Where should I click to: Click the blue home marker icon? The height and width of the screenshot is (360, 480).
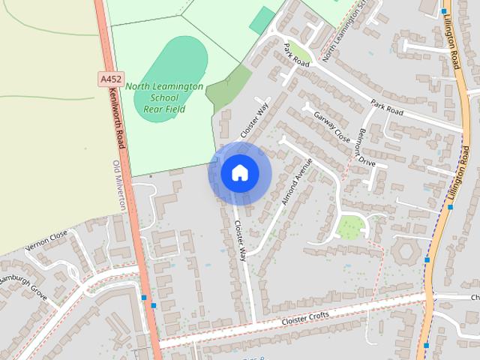pos(239,172)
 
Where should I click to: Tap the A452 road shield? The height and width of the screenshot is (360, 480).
pos(109,78)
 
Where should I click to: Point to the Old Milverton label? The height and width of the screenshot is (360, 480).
pos(117,184)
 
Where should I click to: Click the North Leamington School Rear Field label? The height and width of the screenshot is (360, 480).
pos(164,97)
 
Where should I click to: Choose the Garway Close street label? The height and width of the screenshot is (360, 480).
pos(332,127)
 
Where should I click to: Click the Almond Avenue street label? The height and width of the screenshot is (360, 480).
pos(295,182)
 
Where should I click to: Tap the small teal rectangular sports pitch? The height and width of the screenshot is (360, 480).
pos(262,20)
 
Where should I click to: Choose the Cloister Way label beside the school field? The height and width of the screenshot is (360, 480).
pos(254,119)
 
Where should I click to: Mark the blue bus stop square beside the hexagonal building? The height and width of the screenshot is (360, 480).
pos(427,259)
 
